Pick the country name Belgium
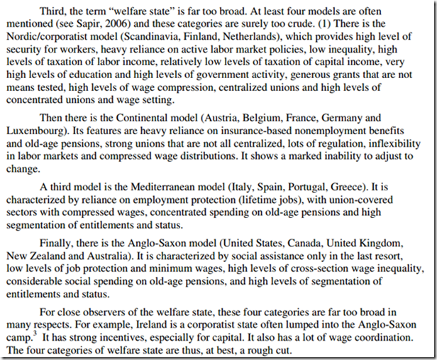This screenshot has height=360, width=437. click(292, 117)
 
